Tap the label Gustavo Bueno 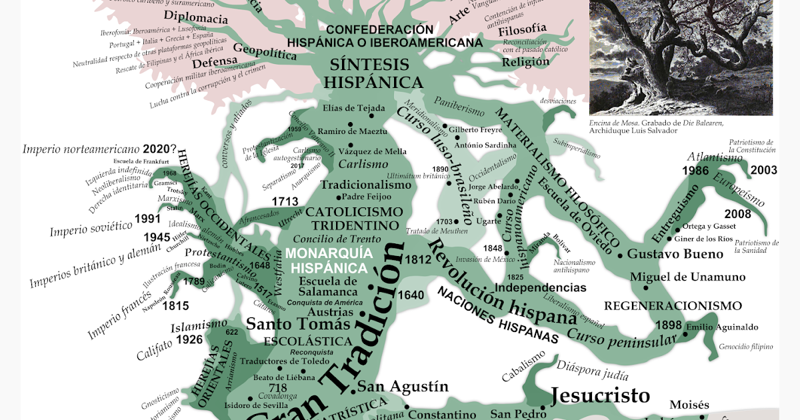point(675,254)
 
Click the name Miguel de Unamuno point(687,277)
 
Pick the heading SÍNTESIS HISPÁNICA point(377,73)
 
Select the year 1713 point(286,201)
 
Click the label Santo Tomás point(298,324)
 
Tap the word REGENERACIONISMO point(673,306)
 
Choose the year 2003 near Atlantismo point(763,171)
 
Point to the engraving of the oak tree point(681,57)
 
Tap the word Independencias point(541,288)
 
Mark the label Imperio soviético point(90,231)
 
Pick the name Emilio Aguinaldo point(729,327)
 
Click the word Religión point(525,62)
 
